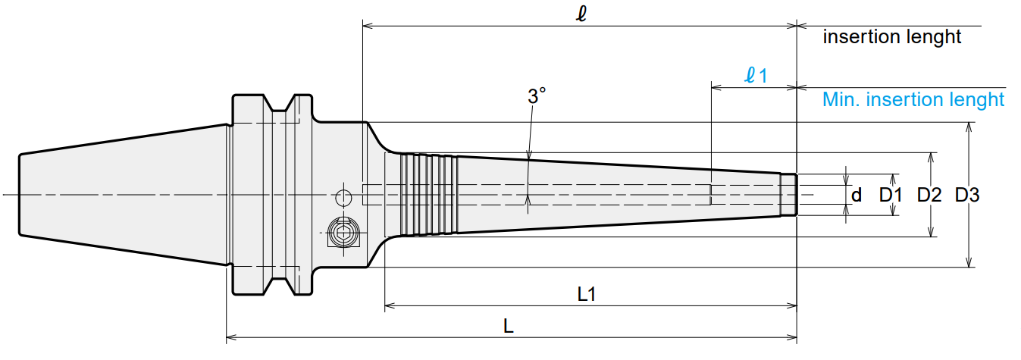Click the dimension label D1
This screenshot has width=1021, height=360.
(891, 195)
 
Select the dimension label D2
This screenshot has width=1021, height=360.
(929, 195)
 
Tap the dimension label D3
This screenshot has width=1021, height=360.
(966, 195)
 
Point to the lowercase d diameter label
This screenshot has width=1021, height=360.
(857, 195)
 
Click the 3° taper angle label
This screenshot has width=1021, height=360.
(537, 96)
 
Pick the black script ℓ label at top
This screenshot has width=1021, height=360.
(581, 14)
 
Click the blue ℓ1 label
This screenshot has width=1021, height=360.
(756, 75)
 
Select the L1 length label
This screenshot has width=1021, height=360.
(587, 294)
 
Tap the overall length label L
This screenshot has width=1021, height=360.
(508, 327)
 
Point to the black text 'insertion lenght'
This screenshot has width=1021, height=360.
(892, 37)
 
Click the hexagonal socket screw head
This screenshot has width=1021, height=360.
(343, 233)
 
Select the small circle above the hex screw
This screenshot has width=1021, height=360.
(343, 198)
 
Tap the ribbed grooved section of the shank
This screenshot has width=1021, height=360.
(428, 195)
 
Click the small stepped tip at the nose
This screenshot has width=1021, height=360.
(788, 195)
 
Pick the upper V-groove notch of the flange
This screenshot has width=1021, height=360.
(278, 103)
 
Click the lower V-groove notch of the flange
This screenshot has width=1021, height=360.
(278, 286)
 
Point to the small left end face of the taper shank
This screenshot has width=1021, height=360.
(20, 195)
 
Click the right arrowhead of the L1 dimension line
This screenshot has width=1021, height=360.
(792, 305)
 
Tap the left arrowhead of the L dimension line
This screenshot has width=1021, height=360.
(231, 338)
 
